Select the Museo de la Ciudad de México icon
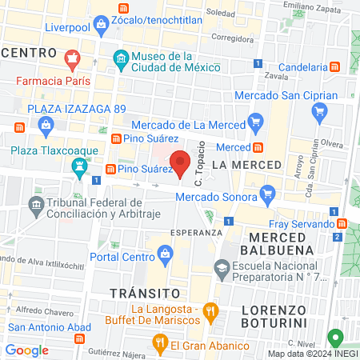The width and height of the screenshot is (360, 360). [120, 58]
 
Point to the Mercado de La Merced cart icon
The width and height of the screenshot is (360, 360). [256, 122]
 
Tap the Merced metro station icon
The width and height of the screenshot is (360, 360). [259, 147]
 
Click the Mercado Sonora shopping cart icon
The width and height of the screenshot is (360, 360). [268, 193]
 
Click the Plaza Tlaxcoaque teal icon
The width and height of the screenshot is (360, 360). [79, 168]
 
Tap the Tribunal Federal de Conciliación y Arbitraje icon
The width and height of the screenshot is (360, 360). [37, 206]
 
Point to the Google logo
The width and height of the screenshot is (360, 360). [27, 350]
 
